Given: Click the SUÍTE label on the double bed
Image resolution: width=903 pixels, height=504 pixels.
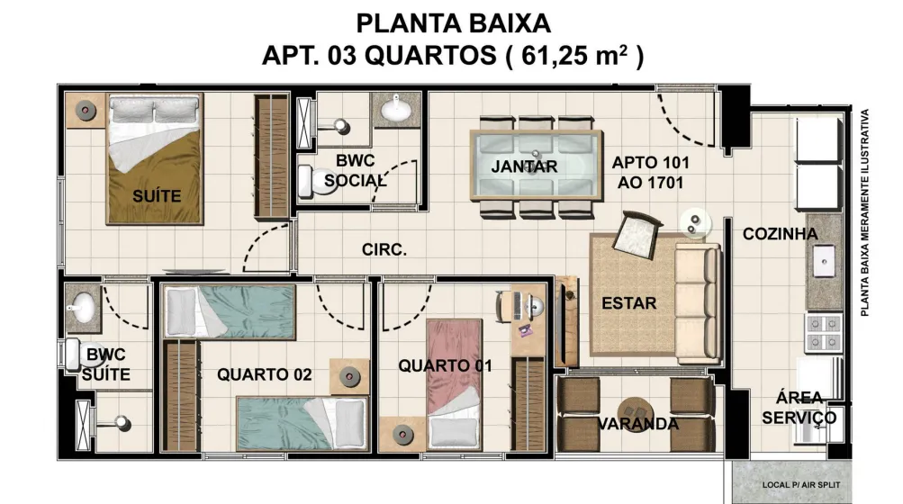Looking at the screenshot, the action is pos(157,196).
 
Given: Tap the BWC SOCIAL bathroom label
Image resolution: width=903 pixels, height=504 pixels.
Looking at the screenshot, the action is pos(355,170).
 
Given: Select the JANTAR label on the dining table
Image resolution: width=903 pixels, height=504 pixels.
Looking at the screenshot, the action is pos(524,166).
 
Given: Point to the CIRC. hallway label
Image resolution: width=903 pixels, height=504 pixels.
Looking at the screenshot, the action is pos(384,250).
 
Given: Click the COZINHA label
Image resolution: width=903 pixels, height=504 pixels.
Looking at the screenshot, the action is pos(780,234).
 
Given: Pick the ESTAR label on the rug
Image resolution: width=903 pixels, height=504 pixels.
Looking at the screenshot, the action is pos(629,303).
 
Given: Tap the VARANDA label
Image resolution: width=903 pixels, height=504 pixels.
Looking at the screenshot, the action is pos(637,424).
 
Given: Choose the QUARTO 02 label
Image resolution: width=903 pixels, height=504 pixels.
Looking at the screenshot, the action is pos(265,374).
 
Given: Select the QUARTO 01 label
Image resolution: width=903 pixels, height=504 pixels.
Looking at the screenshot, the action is pos(445,365).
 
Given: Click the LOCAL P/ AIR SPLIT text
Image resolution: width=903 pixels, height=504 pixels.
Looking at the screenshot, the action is pos(801,485).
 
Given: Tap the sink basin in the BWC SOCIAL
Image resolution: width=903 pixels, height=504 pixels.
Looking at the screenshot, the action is pos(395,109).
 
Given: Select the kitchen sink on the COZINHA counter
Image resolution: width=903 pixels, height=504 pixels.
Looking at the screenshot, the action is pos(824,262).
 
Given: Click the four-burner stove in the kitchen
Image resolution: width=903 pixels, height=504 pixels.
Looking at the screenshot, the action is pos(824,333).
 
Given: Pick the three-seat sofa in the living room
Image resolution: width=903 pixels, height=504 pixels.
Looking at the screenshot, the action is pos(698,303).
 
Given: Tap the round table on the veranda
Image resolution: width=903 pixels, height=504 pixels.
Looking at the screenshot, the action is pos(636,410).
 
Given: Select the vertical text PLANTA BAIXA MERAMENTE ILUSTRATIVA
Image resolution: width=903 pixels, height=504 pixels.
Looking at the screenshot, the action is pos(864,212).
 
